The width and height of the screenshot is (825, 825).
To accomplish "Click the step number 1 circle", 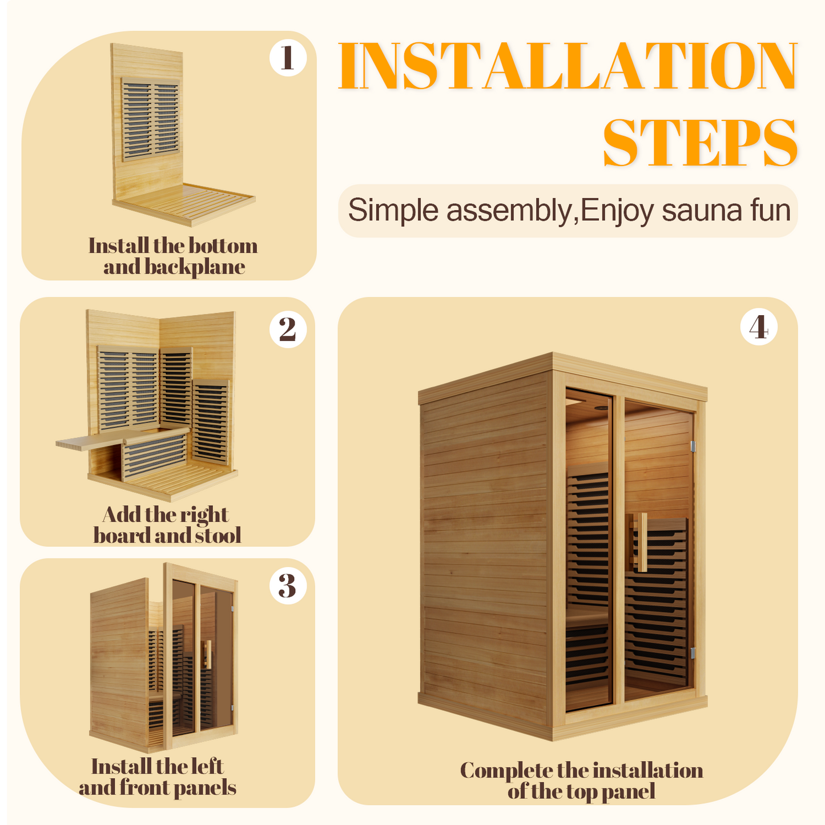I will (288, 58).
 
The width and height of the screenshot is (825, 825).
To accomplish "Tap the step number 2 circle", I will (288, 329).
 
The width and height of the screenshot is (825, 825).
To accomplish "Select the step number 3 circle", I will (288, 586).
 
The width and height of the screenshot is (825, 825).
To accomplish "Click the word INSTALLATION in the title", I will (568, 66).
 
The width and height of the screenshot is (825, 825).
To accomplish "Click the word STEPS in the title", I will (700, 143).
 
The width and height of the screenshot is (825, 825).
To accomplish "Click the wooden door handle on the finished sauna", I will (642, 542).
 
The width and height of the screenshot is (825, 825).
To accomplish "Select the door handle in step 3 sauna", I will (207, 654).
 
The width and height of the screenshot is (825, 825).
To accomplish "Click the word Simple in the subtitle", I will (393, 210).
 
